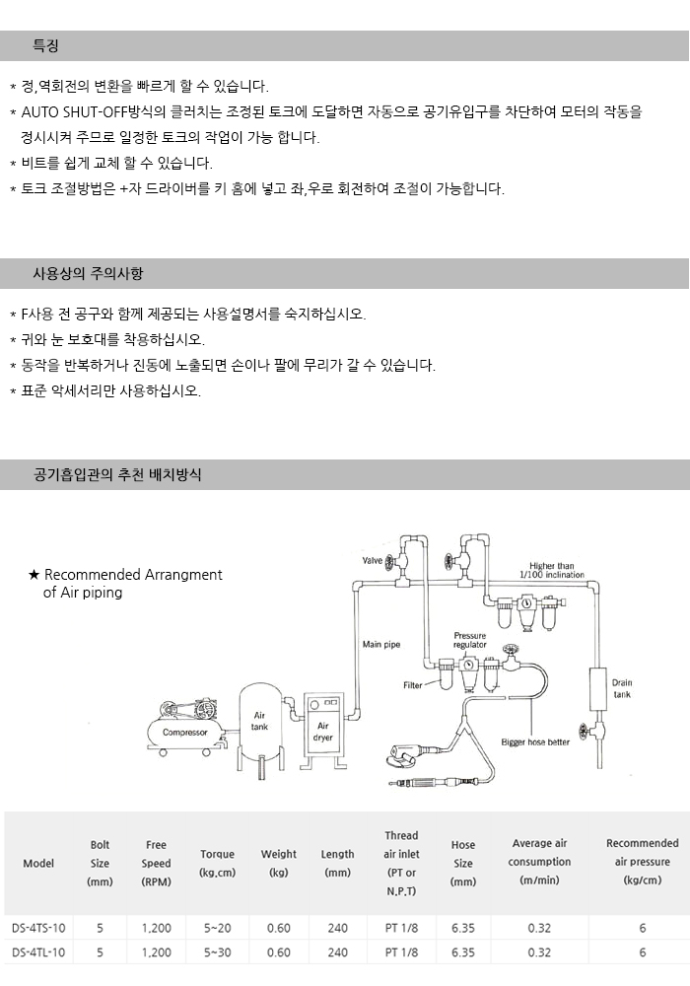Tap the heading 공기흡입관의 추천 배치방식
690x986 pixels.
pyautogui.click(x=117, y=474)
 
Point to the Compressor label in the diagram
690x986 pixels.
pyautogui.click(x=184, y=733)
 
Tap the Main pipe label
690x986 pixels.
pyautogui.click(x=380, y=644)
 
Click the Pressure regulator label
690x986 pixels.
pyautogui.click(x=469, y=641)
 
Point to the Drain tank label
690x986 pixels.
pyautogui.click(x=622, y=688)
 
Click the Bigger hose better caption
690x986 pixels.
pyautogui.click(x=535, y=741)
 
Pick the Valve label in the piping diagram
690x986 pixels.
pyautogui.click(x=372, y=560)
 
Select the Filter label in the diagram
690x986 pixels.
pyautogui.click(x=413, y=684)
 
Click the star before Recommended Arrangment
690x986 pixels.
pyautogui.click(x=34, y=575)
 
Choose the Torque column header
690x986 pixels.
pyautogui.click(x=217, y=863)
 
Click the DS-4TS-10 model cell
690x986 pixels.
pyautogui.click(x=39, y=927)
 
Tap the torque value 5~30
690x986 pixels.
pyautogui.click(x=217, y=953)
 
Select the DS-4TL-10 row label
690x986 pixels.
pyautogui.click(x=39, y=953)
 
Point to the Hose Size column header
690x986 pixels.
pyautogui.click(x=463, y=863)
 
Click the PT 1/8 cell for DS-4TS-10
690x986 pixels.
pyautogui.click(x=401, y=927)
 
